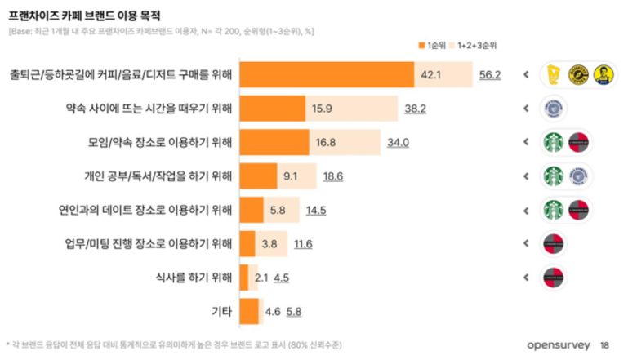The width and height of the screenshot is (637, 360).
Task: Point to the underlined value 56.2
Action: (489, 75)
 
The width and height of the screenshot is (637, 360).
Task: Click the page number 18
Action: (604, 344)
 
